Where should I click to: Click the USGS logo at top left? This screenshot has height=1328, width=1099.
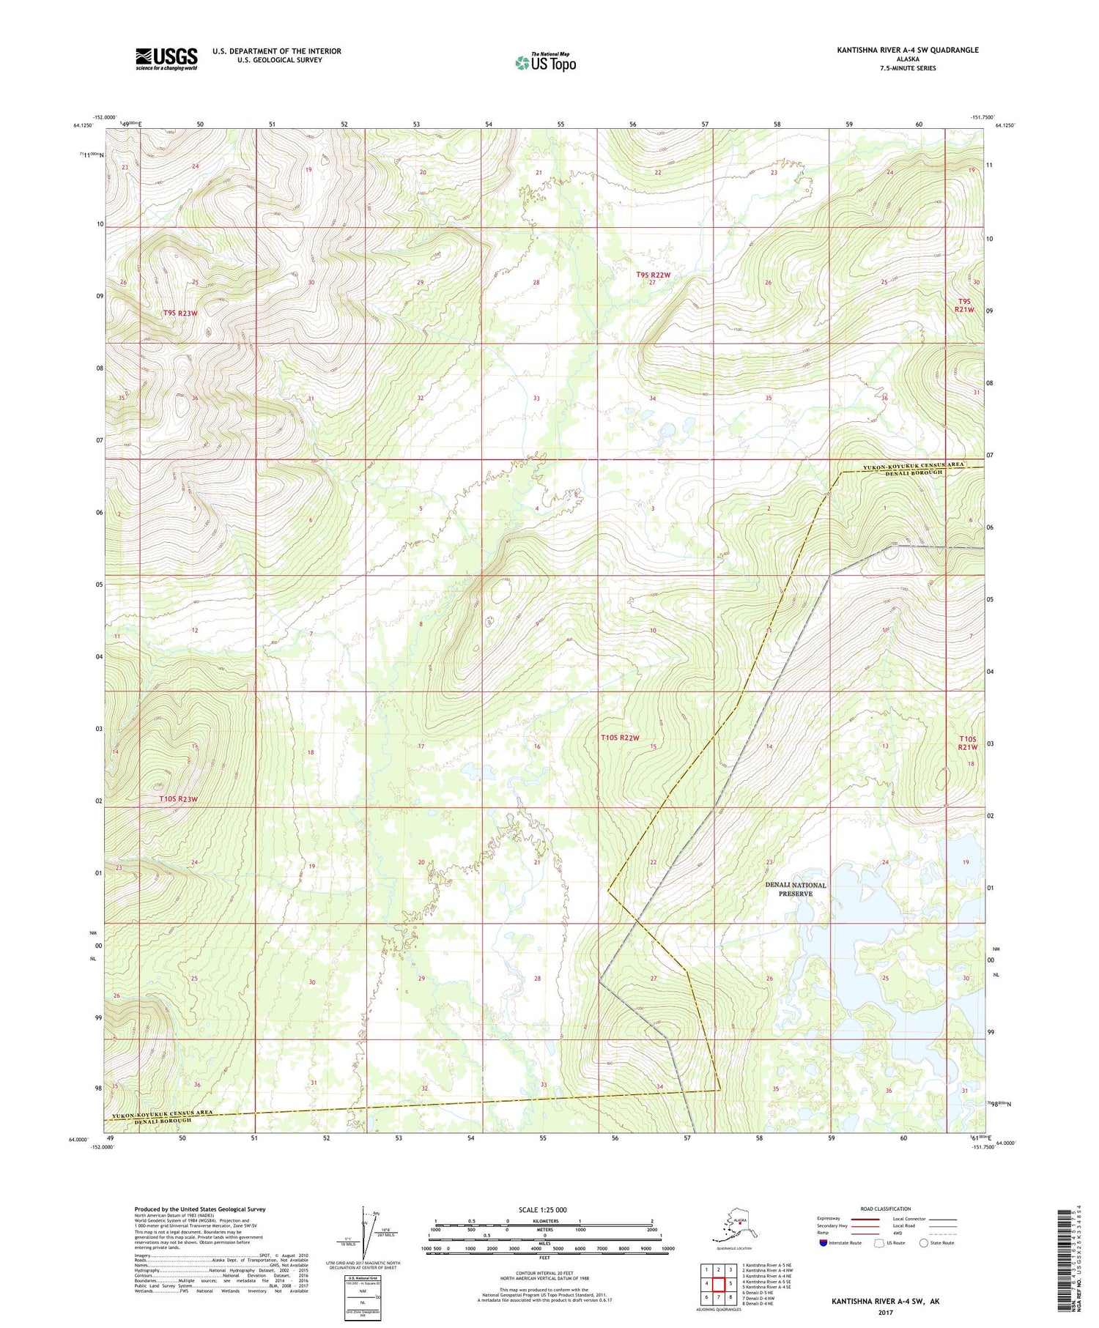166,59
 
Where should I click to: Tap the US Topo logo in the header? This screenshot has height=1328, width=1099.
546,62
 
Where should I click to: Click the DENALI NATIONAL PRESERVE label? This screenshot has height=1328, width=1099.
795,889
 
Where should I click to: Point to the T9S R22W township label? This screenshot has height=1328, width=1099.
653,275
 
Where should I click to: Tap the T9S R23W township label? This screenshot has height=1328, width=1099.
180,313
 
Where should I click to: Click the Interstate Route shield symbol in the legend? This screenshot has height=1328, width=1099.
824,1243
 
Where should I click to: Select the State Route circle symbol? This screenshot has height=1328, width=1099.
924,1243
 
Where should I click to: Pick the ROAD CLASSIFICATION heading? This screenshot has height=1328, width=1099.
886,1209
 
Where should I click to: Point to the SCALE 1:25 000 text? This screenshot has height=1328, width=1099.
542,1209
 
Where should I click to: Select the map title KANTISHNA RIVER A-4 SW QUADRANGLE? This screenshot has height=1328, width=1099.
908,50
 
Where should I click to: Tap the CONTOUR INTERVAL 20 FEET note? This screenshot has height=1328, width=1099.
544,1273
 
